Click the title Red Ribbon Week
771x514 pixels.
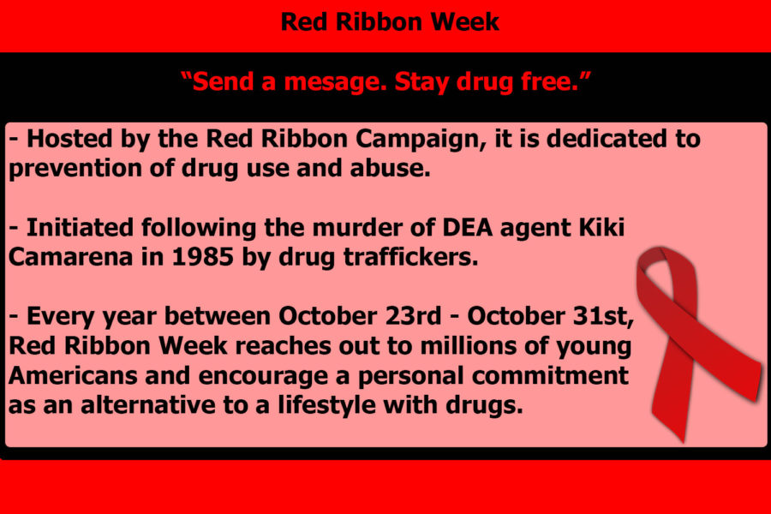pyautogui.click(x=390, y=22)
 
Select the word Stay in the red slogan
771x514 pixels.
pyautogui.click(x=421, y=82)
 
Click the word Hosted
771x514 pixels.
pyautogui.click(x=69, y=139)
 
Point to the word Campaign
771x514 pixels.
pyautogui.click(x=421, y=140)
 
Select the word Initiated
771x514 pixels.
pyautogui.click(x=80, y=228)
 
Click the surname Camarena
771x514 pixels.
pyautogui.click(x=71, y=257)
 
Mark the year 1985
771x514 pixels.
pyautogui.click(x=203, y=257)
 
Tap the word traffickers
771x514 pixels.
pyautogui.click(x=410, y=257)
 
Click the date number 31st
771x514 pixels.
pyautogui.click(x=603, y=316)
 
